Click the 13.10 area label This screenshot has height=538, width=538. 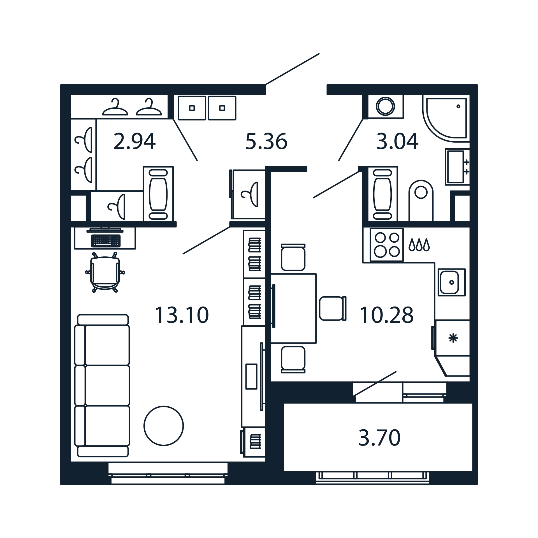(182, 315)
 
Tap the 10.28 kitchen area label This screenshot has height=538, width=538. (386, 315)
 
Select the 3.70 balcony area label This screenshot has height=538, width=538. (379, 438)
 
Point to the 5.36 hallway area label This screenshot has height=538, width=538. (266, 141)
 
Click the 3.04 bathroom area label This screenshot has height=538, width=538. (397, 141)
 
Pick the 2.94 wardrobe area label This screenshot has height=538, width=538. (134, 141)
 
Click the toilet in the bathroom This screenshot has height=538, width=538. (421, 201)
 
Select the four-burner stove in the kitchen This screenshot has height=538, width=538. (387, 245)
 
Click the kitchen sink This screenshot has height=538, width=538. (451, 282)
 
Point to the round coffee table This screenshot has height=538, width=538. (164, 426)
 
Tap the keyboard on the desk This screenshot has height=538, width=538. (106, 241)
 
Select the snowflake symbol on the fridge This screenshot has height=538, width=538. (453, 338)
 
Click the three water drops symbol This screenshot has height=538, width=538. (419, 245)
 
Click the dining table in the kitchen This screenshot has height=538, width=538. (293, 308)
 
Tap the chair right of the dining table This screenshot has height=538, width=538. (333, 308)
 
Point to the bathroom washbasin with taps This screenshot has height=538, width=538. (457, 167)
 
